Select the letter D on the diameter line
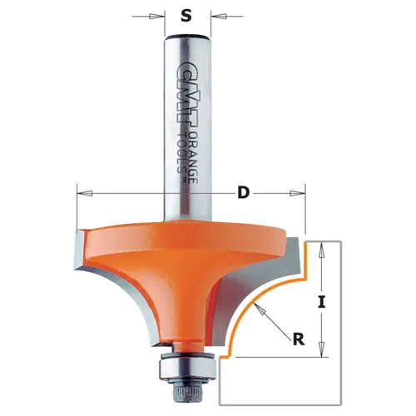pyautogui.click(x=243, y=193)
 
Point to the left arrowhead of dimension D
pyautogui.click(x=82, y=193)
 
